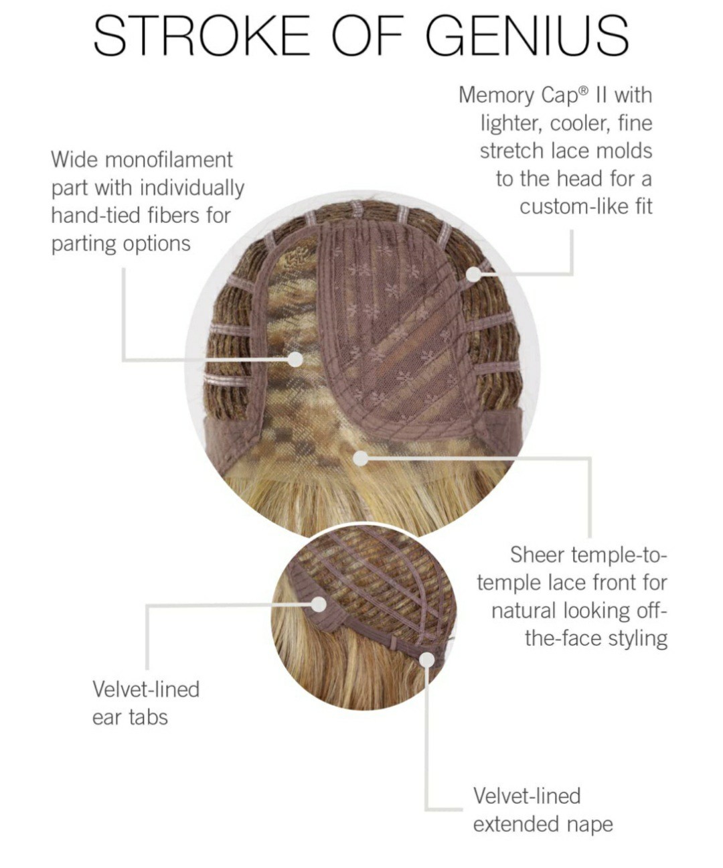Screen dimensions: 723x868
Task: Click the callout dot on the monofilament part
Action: (x=295, y=359)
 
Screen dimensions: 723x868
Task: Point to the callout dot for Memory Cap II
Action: (x=474, y=275)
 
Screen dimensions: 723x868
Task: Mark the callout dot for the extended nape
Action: (x=426, y=660)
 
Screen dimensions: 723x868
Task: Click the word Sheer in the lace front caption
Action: (x=537, y=555)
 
